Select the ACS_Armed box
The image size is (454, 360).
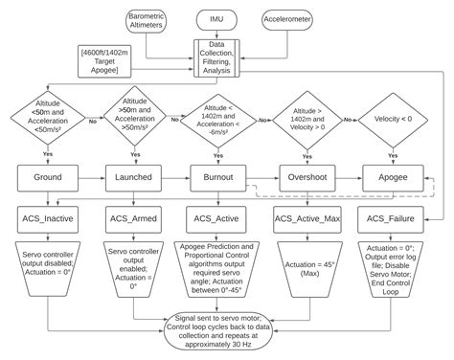coord(134,219)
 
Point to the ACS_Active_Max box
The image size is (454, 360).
coord(306,219)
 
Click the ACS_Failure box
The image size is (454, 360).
coord(392,219)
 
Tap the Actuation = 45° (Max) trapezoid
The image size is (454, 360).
coord(306,269)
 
